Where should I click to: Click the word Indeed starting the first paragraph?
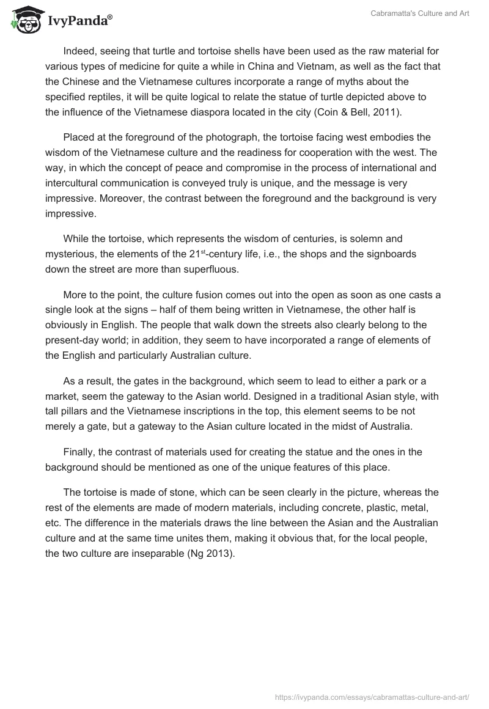coord(79,51)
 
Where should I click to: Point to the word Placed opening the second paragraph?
coord(79,136)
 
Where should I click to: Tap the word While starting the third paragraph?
coord(77,238)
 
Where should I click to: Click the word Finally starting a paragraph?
coord(79,452)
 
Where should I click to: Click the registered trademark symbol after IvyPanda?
coord(110,17)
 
